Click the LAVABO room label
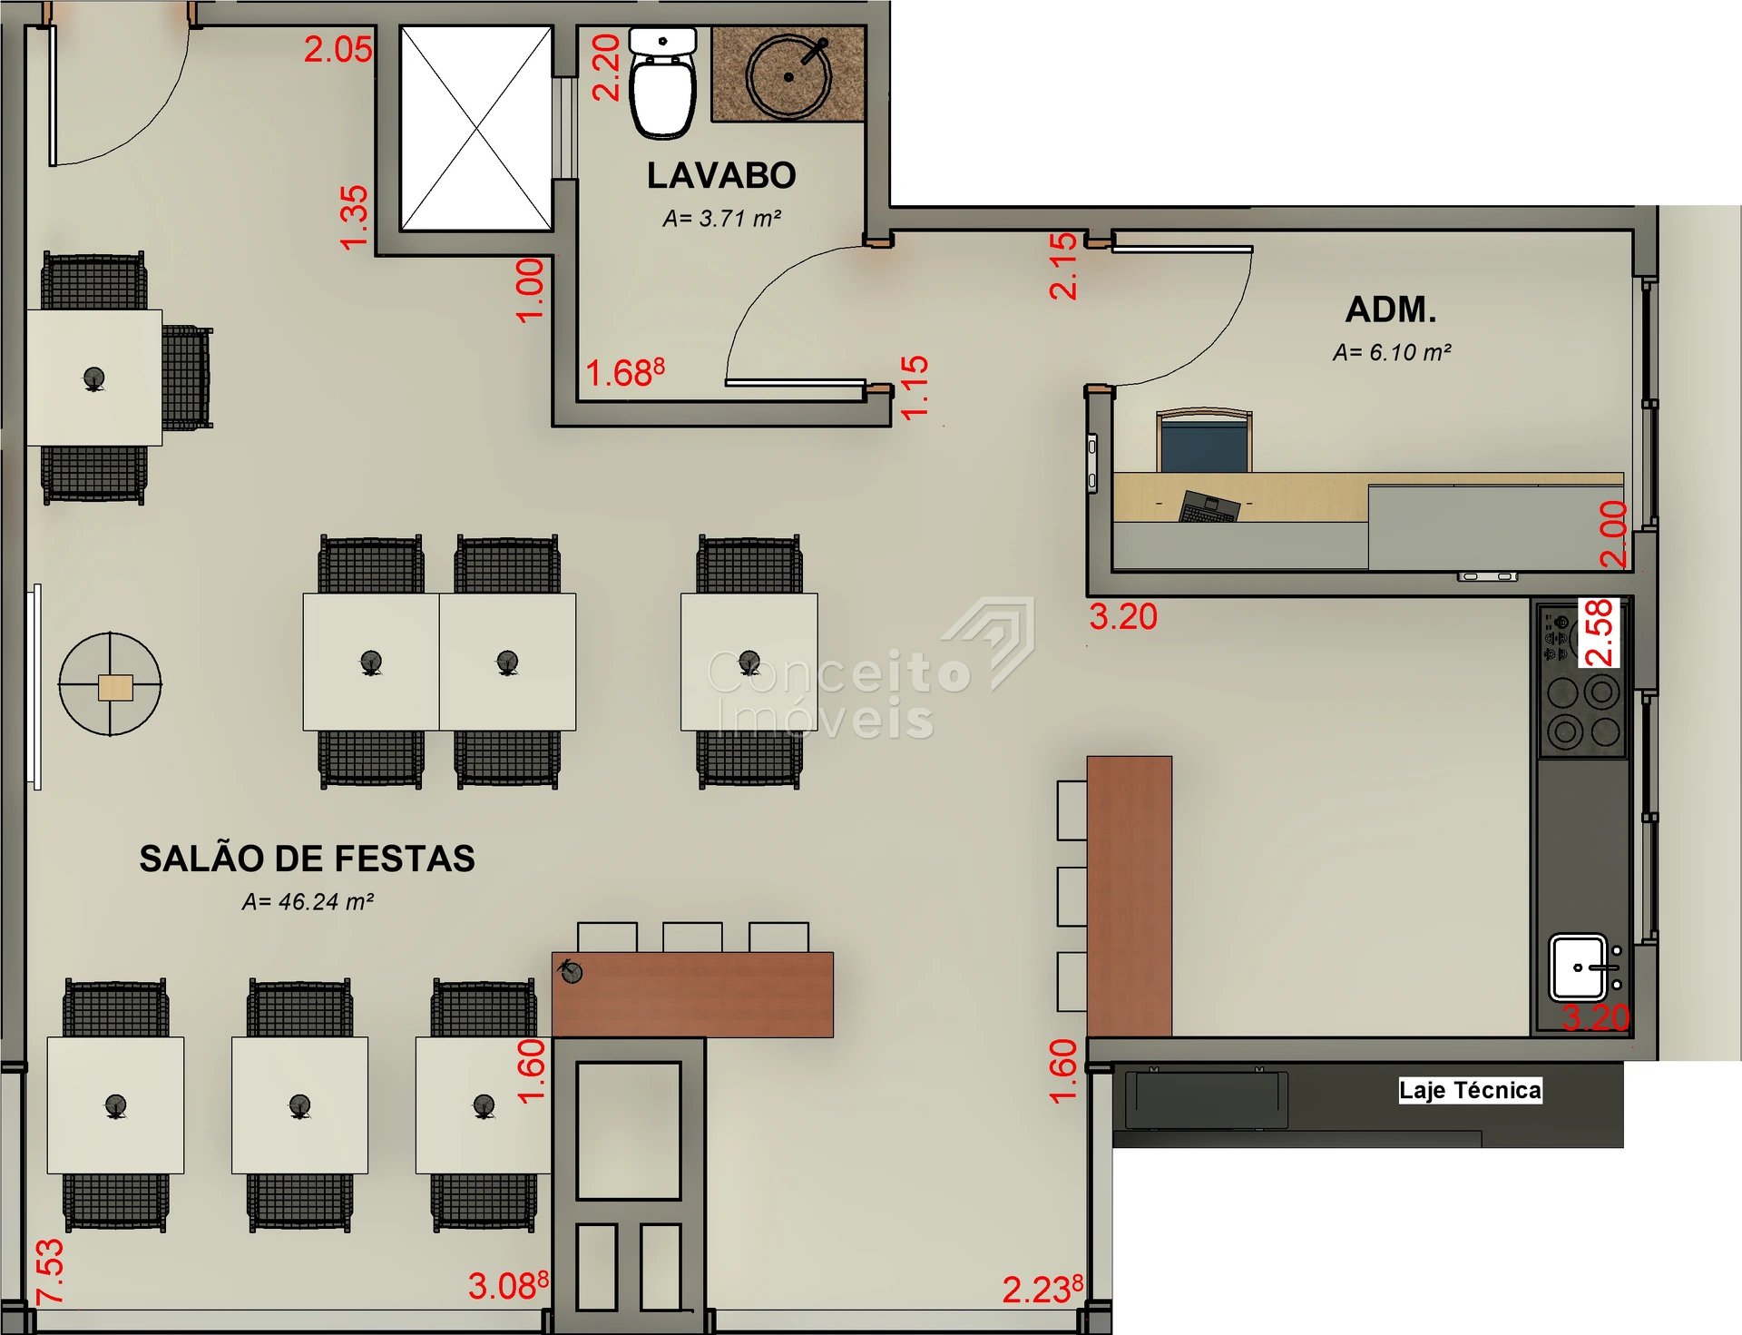coord(721,176)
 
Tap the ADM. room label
coord(1391,309)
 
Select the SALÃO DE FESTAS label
coord(307,859)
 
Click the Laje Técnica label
coord(1470,1090)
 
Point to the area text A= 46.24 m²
coord(308,902)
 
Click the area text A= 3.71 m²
coord(722,219)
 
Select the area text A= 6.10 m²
coord(1392,352)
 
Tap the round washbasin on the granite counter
coord(788,77)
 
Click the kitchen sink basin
coord(1578,967)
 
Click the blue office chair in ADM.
coord(1204,441)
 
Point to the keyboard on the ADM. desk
coord(1209,506)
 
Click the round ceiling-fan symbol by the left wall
coord(111,683)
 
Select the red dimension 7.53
coord(50,1271)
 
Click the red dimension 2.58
coord(1599,633)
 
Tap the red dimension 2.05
coord(338,49)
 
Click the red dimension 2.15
coord(1062,266)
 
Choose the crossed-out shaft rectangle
coord(476,128)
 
